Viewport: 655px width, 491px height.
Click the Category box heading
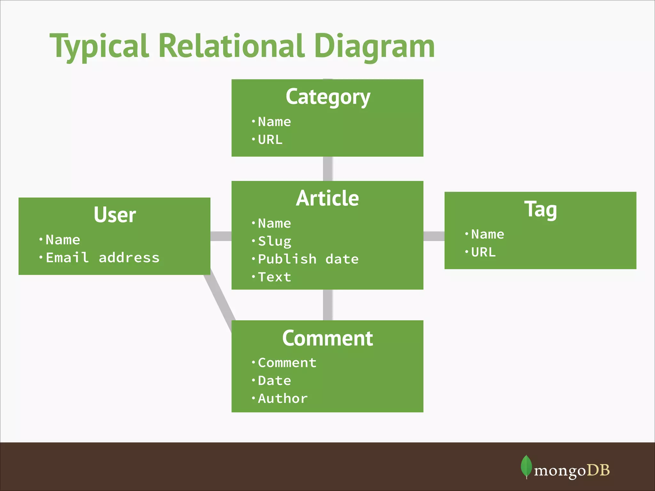click(328, 97)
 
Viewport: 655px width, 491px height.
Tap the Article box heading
click(327, 199)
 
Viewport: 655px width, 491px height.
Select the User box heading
click(115, 215)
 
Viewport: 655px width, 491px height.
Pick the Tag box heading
click(541, 210)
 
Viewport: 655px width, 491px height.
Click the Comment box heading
click(327, 338)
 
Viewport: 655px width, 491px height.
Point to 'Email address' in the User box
click(102, 258)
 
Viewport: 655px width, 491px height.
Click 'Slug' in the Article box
click(274, 241)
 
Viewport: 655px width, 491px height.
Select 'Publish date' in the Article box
click(308, 259)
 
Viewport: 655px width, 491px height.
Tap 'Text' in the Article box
click(274, 277)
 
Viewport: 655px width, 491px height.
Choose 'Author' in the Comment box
click(283, 399)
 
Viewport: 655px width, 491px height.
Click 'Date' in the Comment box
click(274, 381)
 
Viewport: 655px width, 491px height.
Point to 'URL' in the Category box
click(270, 140)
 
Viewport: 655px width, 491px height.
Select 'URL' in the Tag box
click(483, 253)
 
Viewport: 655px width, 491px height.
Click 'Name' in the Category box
click(274, 122)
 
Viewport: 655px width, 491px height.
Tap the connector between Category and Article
click(328, 169)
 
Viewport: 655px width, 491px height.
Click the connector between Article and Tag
click(434, 236)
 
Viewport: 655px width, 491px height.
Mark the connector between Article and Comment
click(328, 305)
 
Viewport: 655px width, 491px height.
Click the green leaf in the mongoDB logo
click(526, 466)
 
